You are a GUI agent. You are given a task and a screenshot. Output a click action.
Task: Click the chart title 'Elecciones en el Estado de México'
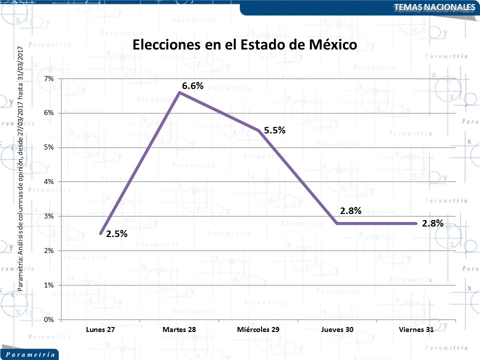point(244,44)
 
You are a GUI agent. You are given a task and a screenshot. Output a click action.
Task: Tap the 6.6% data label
point(192,85)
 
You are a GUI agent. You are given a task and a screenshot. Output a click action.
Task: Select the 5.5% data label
point(274,130)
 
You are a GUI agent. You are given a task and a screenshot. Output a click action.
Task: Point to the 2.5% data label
point(116,233)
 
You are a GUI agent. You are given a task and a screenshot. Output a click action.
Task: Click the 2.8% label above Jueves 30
point(350,210)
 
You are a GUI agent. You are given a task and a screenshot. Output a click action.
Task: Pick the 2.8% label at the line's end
point(432,223)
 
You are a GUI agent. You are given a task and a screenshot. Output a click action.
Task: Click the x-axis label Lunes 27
point(100,330)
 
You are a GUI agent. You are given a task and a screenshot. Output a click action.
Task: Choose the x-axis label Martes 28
point(179,330)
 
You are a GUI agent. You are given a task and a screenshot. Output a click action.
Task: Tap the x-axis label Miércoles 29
point(258,330)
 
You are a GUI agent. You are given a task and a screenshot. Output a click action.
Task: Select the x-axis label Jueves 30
point(337,330)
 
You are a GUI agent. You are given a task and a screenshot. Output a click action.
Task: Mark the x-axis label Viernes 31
point(416,330)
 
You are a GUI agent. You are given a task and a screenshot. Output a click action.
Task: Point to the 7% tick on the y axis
point(49,78)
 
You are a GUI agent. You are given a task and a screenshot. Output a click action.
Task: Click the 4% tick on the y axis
point(49,181)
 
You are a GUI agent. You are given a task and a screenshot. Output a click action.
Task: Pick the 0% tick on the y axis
point(49,319)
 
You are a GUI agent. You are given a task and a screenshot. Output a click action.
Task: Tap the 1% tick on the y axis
point(49,285)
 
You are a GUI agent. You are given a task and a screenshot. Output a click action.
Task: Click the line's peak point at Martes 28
point(179,92)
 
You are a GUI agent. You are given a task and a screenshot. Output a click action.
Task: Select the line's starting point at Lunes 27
point(100,233)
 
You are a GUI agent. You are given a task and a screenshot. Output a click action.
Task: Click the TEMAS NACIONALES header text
point(434,7)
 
